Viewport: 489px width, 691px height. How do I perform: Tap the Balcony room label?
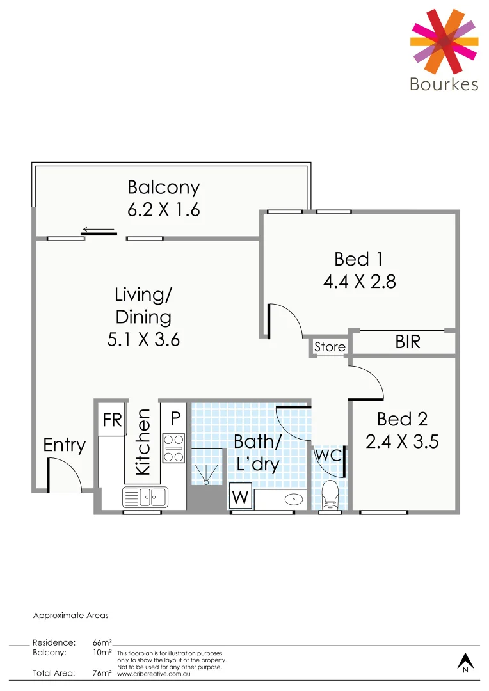[164, 187]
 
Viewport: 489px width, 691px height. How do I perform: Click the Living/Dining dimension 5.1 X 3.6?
[143, 338]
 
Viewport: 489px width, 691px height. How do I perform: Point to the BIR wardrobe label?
[408, 342]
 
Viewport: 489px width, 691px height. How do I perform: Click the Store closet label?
[330, 347]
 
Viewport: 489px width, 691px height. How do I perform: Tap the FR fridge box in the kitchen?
[113, 420]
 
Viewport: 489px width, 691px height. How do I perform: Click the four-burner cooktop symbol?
[173, 448]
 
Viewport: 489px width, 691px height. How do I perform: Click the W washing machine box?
[241, 496]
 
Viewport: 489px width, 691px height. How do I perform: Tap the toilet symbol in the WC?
[330, 494]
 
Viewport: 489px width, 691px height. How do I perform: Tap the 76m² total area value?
[102, 672]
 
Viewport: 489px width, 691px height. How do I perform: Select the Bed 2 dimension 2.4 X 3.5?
[402, 441]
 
